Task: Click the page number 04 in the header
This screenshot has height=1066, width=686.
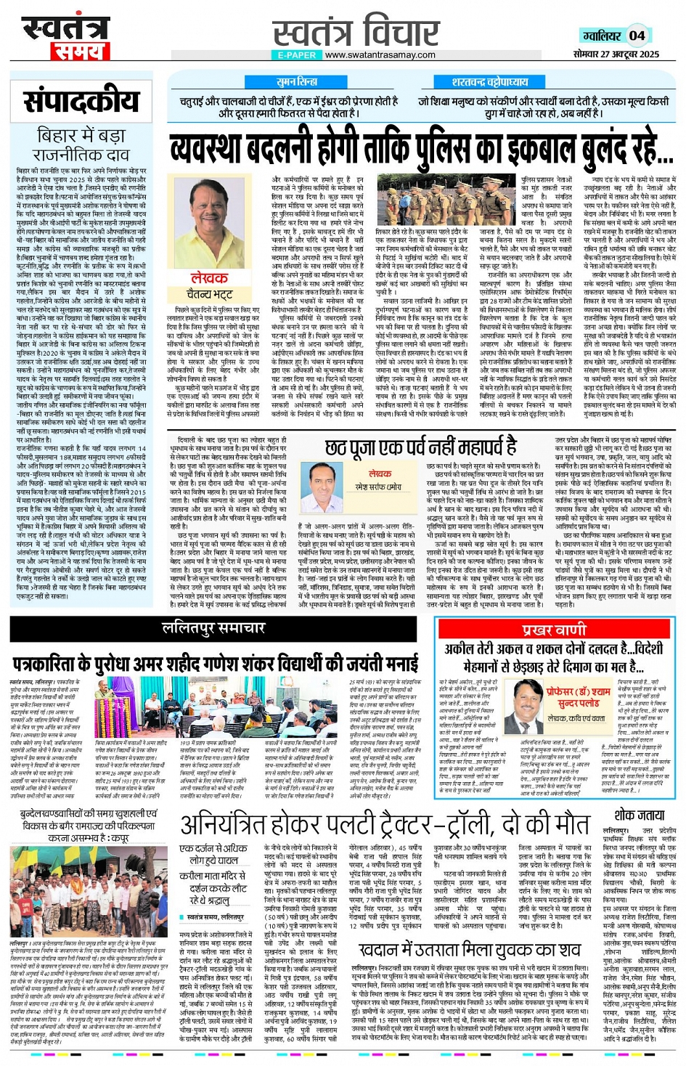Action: (x=637, y=35)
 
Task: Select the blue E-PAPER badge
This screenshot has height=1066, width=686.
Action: (x=297, y=54)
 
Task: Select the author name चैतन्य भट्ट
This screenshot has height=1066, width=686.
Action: (x=210, y=294)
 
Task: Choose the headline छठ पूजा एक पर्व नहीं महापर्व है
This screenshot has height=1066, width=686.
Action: (x=421, y=447)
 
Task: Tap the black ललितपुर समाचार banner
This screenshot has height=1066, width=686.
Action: (x=213, y=628)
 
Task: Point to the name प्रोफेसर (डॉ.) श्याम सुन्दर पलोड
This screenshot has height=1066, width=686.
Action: (x=579, y=698)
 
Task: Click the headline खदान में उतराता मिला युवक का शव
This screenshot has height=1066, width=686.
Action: (x=470, y=949)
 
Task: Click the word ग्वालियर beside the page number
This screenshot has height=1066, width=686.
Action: (x=601, y=36)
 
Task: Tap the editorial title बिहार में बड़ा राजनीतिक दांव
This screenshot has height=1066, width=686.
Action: (x=81, y=145)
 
